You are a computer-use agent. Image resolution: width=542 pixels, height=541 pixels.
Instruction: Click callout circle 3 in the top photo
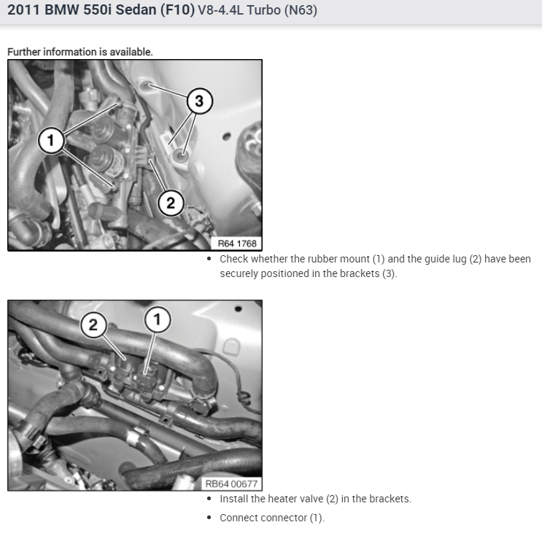point(199,101)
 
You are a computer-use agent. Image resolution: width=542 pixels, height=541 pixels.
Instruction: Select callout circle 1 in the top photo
point(51,140)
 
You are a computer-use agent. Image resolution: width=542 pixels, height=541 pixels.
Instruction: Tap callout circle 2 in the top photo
point(171,203)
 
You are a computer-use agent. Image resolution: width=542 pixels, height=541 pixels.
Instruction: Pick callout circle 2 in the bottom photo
point(93,324)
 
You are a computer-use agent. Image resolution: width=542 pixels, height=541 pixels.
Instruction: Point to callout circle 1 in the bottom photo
point(158,319)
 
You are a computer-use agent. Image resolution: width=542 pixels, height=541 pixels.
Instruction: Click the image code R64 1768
point(237,244)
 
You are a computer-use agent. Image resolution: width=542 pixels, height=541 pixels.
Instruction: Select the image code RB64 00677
point(231,483)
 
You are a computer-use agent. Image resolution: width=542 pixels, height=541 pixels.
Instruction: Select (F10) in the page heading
point(177,9)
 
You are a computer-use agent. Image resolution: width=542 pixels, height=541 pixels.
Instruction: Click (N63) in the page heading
point(301,10)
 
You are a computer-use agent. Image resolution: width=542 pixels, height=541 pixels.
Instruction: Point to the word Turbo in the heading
point(264,10)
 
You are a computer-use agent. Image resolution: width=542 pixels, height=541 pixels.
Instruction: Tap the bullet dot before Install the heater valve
point(209,499)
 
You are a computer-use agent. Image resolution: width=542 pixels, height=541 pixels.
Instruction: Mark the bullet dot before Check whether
point(209,259)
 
